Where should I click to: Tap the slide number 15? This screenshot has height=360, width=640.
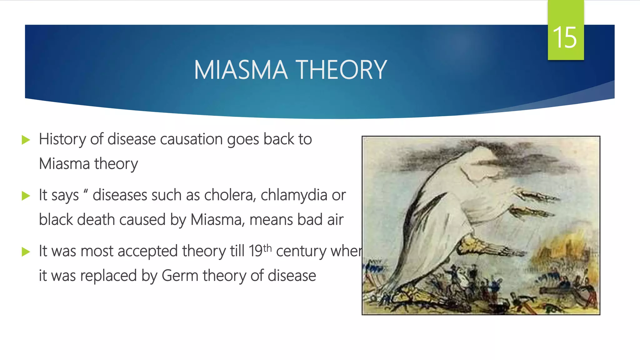tap(565, 37)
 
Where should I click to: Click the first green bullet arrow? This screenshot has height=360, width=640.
tap(26, 140)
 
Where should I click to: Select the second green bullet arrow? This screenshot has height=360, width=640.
tap(26, 196)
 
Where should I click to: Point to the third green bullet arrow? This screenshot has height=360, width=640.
tap(26, 252)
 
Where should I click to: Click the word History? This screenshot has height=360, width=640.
tap(62, 139)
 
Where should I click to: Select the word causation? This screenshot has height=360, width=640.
tap(191, 139)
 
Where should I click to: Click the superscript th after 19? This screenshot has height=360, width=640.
tap(267, 248)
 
